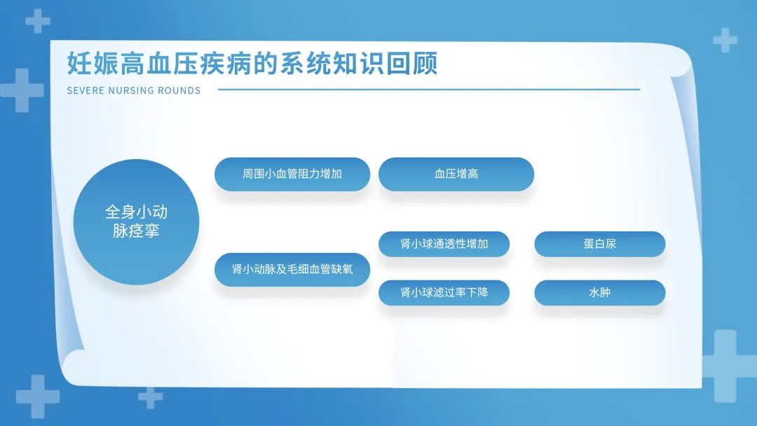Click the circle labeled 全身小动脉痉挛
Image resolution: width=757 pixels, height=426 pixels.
tap(136, 222)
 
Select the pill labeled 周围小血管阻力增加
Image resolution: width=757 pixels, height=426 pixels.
tap(292, 174)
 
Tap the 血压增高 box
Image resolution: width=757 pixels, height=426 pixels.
tap(456, 174)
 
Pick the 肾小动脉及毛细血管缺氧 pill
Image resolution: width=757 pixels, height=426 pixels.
tap(292, 270)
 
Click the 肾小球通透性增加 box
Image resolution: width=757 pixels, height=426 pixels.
tap(444, 244)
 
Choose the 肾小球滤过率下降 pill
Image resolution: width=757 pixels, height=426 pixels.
tap(444, 293)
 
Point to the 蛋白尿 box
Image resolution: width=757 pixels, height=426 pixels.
tap(600, 244)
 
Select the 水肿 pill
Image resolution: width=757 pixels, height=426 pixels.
tap(600, 293)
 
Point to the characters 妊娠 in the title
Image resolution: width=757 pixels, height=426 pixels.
tap(93, 64)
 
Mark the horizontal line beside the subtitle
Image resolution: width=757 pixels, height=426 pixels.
tap(429, 89)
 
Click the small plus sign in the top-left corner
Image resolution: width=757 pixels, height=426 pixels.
tap(38, 21)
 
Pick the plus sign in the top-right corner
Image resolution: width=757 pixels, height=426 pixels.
tap(725, 40)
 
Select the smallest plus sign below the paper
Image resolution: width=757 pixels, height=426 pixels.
tap(150, 397)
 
